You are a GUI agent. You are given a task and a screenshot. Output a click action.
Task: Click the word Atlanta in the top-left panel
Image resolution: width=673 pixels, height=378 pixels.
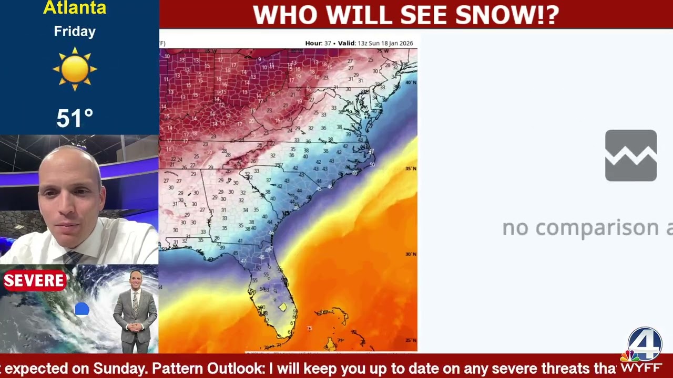tap(75, 7)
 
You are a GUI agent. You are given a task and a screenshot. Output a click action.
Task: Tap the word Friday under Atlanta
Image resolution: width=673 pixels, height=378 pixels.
tap(75, 31)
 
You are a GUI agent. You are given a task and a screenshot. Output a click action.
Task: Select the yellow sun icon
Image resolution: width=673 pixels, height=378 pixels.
tap(75, 69)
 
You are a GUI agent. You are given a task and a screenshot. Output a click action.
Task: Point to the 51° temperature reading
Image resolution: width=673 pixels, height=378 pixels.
tap(75, 119)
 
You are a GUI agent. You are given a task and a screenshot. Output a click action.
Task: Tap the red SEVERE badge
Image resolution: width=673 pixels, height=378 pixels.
tap(34, 281)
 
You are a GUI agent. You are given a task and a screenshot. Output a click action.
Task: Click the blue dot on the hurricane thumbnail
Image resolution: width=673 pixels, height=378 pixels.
tap(82, 309)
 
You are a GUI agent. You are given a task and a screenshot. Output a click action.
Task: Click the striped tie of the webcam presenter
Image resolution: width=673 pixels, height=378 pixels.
tap(72, 257)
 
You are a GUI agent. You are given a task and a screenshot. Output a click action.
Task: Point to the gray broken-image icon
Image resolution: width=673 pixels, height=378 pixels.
tap(630, 155)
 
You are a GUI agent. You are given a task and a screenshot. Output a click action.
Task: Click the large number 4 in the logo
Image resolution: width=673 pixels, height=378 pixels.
tap(645, 344)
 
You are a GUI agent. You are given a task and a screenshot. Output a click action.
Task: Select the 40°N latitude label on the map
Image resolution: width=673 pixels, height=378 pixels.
tap(411, 82)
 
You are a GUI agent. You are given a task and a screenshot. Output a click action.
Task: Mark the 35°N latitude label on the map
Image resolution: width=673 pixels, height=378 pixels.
tap(411, 169)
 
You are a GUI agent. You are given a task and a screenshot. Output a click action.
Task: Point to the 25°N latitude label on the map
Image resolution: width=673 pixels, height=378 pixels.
tap(411, 340)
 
